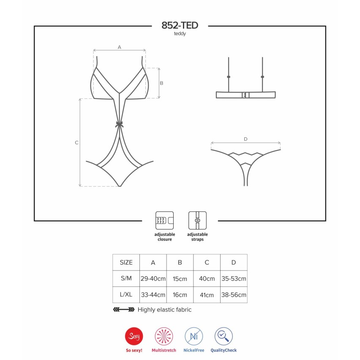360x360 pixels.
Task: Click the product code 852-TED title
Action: coord(180,25)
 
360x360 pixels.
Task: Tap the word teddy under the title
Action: coord(180,33)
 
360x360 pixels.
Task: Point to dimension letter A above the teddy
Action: coord(120,47)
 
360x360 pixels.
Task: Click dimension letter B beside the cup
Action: coord(161,83)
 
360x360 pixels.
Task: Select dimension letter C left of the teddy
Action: coord(76,142)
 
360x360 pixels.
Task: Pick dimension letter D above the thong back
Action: coord(245,139)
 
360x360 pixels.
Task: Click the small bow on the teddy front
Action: coord(120,125)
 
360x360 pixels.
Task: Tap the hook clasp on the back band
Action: coord(245,95)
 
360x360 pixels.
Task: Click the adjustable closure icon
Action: coord(165,221)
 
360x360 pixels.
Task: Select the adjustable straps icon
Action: coord(197,221)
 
